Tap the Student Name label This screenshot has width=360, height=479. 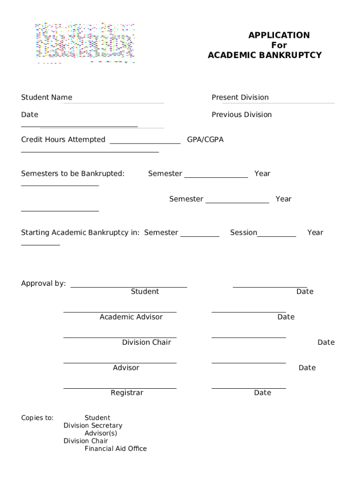point(46,97)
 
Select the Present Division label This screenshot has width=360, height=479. point(240,97)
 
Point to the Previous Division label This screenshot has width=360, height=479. point(241,115)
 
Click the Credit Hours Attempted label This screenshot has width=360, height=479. point(63,139)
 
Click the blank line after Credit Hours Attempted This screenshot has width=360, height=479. point(145,143)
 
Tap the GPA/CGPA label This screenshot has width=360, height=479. point(205,139)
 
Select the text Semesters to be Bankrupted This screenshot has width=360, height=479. point(72,174)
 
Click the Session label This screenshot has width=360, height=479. point(243,232)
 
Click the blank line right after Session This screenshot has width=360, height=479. point(276,236)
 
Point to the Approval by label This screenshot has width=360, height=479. point(43,283)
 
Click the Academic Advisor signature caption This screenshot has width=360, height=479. point(131,317)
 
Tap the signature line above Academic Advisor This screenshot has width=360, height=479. point(120,312)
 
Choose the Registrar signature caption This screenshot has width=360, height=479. point(127,393)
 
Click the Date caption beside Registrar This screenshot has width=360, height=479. point(262,393)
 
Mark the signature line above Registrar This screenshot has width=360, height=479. point(120,388)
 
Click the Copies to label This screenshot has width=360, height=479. point(37,418)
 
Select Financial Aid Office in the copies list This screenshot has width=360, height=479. point(115,449)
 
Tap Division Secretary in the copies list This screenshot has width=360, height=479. point(93,426)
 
